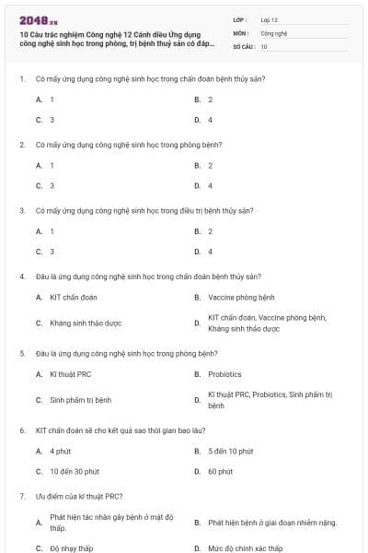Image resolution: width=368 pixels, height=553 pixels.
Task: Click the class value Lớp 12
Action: tap(269, 19)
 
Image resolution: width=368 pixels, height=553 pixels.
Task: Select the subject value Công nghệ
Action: tap(274, 32)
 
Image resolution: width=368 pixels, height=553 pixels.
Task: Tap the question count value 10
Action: tap(264, 46)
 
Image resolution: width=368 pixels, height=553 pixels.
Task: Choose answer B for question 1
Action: tap(210, 99)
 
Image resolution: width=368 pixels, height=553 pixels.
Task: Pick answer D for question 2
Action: tap(210, 185)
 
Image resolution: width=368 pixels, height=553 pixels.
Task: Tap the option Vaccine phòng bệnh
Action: tap(241, 298)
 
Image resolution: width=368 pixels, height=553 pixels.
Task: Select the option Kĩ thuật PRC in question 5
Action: tap(71, 374)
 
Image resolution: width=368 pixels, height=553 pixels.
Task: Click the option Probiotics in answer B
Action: tap(224, 374)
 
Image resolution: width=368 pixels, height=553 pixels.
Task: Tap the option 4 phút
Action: tap(60, 451)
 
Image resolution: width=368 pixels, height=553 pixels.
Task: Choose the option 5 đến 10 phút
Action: tap(230, 451)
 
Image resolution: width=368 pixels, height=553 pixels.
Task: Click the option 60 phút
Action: tap(220, 471)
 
